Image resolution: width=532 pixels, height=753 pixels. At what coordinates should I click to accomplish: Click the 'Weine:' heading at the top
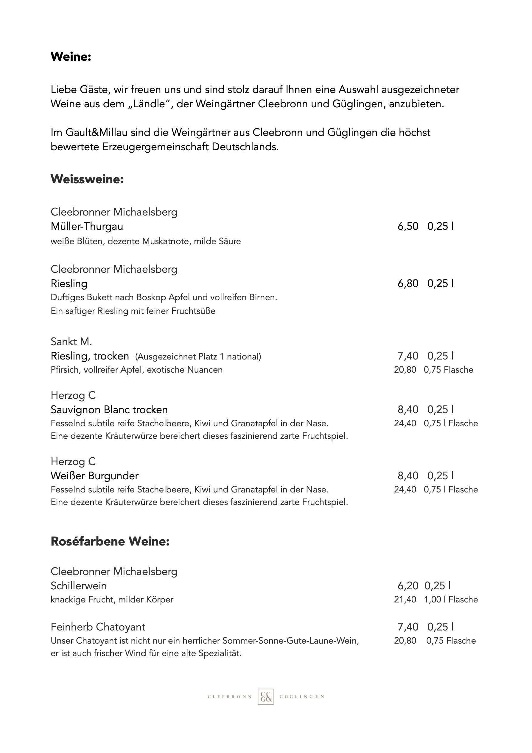pos(71,57)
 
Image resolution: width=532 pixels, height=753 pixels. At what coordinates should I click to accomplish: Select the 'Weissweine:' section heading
pos(87,179)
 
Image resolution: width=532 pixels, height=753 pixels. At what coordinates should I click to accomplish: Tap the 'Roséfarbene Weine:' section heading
pos(110,541)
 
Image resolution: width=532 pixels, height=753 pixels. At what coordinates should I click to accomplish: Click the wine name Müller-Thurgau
pos(87,226)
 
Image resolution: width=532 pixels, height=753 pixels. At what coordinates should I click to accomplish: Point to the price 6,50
pos(408,226)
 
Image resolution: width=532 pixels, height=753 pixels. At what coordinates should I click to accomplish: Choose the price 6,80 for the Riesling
pos(408,283)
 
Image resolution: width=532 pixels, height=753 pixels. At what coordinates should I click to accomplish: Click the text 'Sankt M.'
pos(71,342)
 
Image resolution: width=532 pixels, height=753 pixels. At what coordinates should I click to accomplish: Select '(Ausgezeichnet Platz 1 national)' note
pos(198,357)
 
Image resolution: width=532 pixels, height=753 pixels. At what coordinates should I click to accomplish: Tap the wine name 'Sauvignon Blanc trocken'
pos(109,410)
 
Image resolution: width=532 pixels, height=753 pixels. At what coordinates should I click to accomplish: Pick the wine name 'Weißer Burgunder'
pos(94,476)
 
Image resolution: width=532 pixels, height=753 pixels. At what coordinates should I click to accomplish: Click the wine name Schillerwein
pos(79,586)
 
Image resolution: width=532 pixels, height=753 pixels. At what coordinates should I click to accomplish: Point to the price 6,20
pos(408,586)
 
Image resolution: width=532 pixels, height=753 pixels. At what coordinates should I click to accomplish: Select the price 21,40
pos(405,599)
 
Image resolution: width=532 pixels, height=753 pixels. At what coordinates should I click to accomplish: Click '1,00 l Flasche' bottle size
pos(451,599)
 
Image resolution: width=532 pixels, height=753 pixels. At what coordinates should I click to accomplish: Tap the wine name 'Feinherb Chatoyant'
pos(98,627)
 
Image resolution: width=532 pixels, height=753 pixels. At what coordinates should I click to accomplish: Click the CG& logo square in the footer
pos(265,697)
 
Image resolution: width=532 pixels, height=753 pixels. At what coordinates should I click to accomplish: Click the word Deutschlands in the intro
pos(245,147)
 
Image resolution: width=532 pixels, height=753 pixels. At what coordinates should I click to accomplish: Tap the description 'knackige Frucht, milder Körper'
pos(112,599)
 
